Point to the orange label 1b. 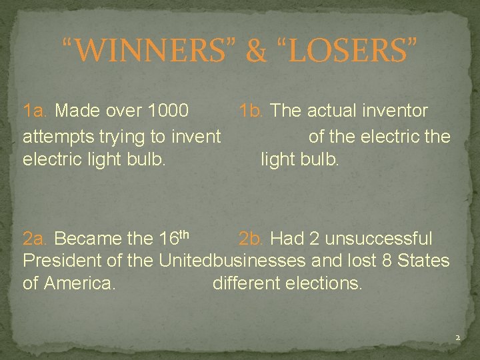tap(253, 110)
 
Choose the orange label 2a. tap(36, 238)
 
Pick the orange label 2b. tap(252, 238)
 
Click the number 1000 tap(167, 110)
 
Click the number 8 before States tap(386, 260)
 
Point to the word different tap(243, 283)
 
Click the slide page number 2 tap(457, 339)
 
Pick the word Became tap(83, 238)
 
